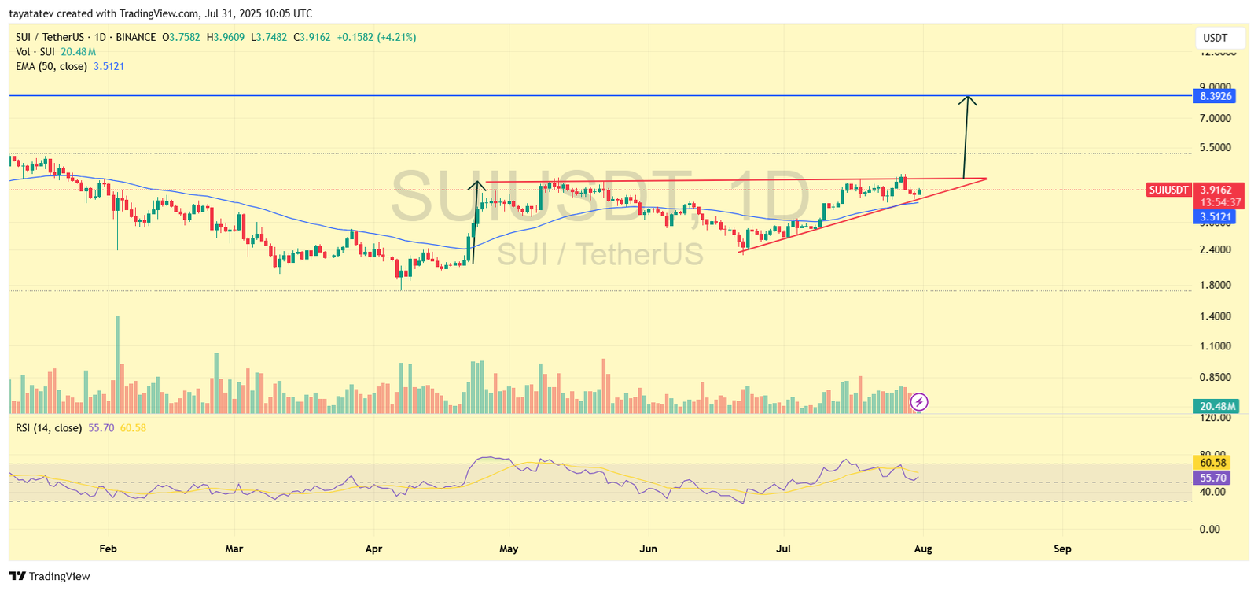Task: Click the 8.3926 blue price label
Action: click(x=1215, y=96)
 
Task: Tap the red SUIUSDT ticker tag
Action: click(x=1168, y=190)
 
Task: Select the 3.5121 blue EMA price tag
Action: click(x=1215, y=217)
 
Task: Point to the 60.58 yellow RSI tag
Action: click(x=1213, y=463)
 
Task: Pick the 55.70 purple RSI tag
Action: click(x=1213, y=478)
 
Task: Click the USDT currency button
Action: click(x=1215, y=38)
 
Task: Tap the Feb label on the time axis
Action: click(x=109, y=549)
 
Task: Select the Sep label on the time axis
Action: click(x=1062, y=549)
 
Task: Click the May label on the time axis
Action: click(x=509, y=549)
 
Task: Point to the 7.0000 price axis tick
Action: click(x=1216, y=118)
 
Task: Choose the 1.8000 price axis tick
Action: click(x=1216, y=285)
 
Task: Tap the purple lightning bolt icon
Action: click(x=919, y=403)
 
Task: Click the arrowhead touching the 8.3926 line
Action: click(x=969, y=100)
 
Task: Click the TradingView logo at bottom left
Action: click(x=50, y=576)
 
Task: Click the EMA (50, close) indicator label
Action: click(x=52, y=66)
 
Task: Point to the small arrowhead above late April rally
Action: click(x=476, y=186)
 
